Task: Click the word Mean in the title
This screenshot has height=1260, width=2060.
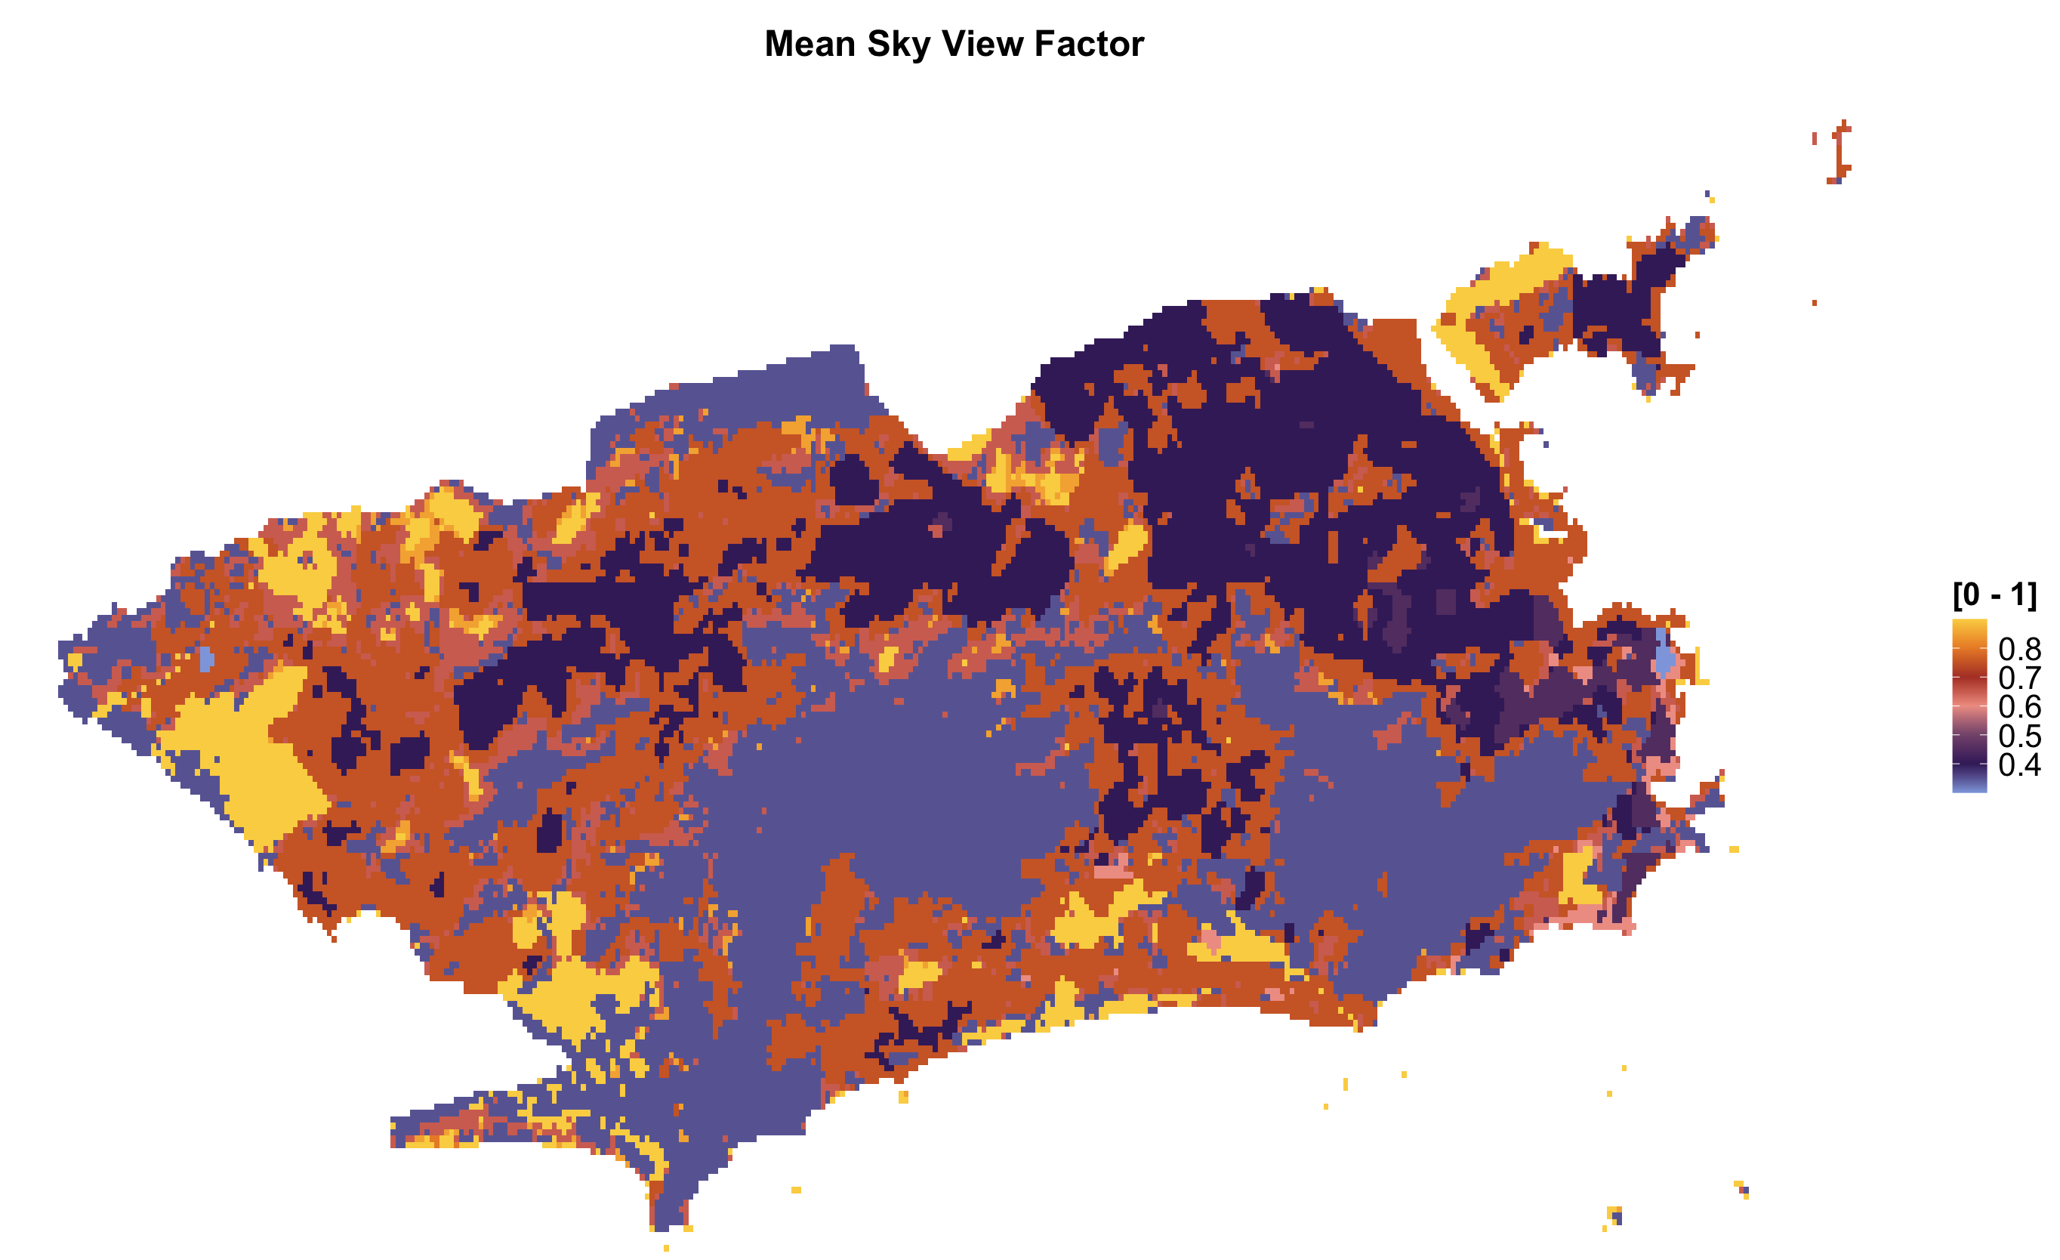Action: [x=810, y=44]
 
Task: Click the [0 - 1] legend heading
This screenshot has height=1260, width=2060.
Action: [x=1994, y=595]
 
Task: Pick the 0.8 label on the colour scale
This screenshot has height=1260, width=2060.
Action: [x=2019, y=649]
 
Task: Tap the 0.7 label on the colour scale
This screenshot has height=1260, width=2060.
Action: [x=2019, y=678]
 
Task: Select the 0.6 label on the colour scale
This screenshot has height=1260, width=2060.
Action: [x=2019, y=707]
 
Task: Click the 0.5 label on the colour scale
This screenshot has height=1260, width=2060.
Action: [x=2019, y=736]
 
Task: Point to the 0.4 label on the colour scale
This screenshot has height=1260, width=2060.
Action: [x=2019, y=764]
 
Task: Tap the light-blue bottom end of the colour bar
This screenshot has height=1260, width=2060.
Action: [x=1969, y=786]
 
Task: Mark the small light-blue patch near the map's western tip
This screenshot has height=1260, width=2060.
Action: [x=206, y=659]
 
